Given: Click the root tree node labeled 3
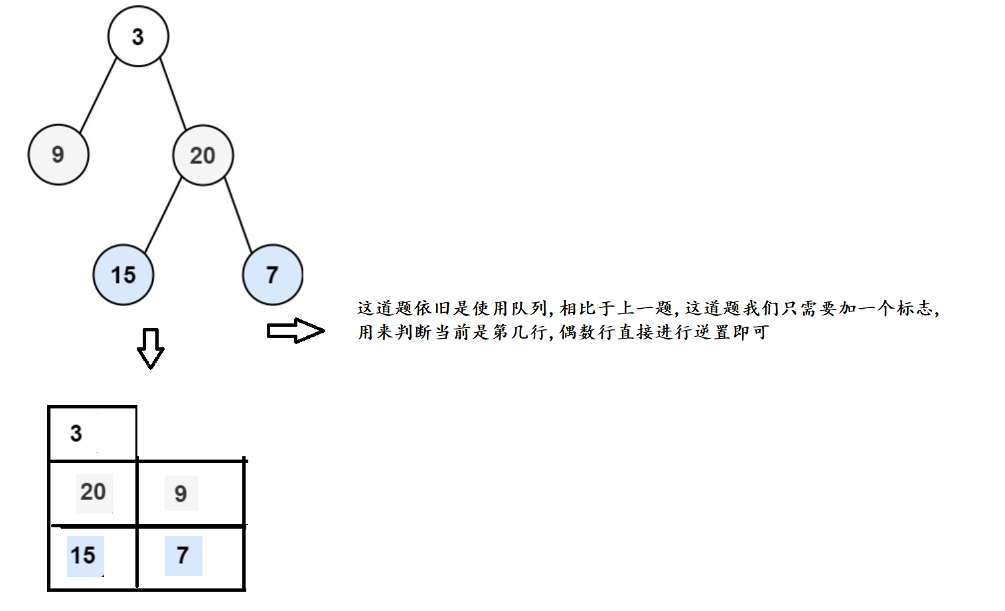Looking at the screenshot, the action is point(138,37).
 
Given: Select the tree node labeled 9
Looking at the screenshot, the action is point(58,155).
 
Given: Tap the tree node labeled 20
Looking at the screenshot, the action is point(202,155).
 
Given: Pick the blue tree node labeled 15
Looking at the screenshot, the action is point(123,274).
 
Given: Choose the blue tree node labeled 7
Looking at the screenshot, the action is point(272,274).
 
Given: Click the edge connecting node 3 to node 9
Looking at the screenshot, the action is point(98,96).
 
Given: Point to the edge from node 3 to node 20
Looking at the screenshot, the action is point(173,94).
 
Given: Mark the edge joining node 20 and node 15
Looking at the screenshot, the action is point(163,215).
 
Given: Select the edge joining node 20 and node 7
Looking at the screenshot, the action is point(238,215).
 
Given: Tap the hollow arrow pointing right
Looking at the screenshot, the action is point(295,331).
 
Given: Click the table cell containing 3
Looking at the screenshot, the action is point(92,434).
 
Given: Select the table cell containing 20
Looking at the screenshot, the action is point(93,492).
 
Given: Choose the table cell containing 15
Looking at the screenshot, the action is point(92,556).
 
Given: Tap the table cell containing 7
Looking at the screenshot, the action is point(190,556).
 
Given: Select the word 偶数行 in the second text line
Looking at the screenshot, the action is point(587,332).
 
